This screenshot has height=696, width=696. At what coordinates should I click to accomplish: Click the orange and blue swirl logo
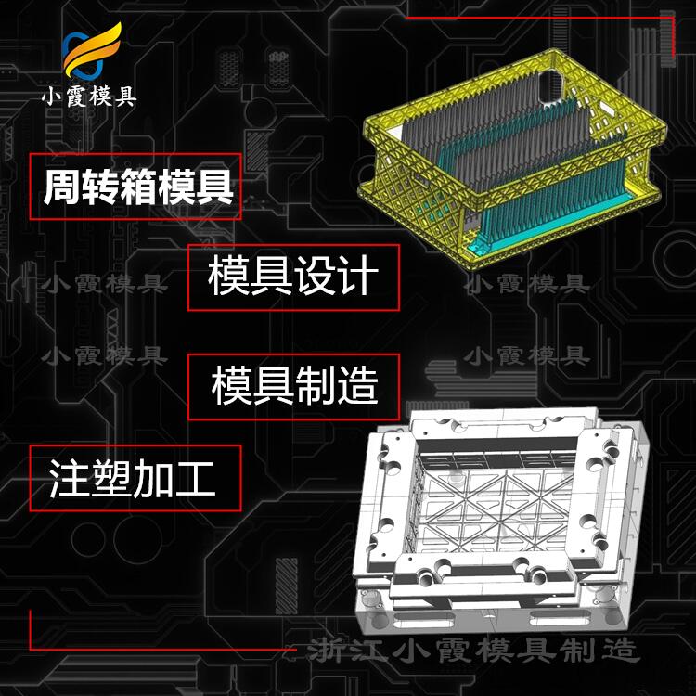tap(90, 52)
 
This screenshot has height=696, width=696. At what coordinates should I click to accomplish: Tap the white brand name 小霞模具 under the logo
tap(89, 96)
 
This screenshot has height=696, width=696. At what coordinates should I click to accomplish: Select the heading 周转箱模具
tap(138, 187)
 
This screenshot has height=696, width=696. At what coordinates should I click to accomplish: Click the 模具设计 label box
tap(293, 277)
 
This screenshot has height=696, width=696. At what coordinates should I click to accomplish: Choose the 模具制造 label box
tap(293, 387)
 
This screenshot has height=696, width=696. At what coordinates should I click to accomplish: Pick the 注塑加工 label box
tap(135, 479)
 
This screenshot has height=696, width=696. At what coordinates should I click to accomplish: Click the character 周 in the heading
tap(61, 187)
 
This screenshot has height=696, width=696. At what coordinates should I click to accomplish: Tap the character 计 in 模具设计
tap(358, 276)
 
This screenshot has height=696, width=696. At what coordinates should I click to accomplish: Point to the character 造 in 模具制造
tap(358, 386)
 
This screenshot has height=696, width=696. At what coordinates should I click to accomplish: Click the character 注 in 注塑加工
tap(69, 478)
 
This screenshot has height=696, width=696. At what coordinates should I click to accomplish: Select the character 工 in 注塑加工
tap(196, 479)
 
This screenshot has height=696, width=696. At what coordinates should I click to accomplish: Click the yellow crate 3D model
tap(512, 159)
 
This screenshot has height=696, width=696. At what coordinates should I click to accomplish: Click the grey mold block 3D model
tap(500, 522)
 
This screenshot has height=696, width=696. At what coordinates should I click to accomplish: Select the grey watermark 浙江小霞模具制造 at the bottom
tap(473, 651)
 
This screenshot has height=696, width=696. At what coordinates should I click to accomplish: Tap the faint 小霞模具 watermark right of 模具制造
tap(527, 356)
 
